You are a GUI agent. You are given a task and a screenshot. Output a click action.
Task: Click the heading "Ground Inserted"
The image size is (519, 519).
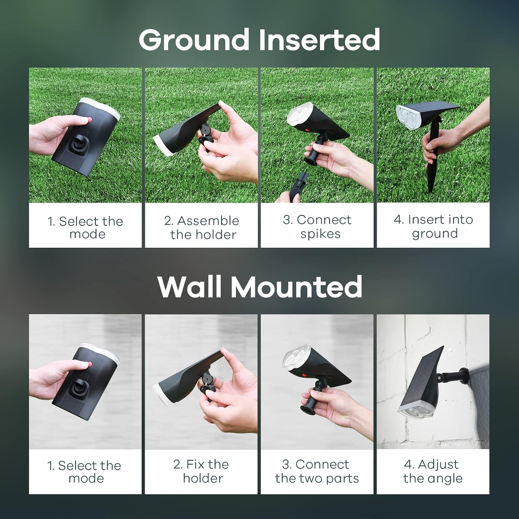[x=259, y=40]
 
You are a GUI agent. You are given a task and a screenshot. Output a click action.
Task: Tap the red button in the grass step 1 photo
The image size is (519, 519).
[x=90, y=120]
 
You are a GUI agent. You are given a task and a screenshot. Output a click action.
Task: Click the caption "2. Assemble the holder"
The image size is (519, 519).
[x=202, y=227]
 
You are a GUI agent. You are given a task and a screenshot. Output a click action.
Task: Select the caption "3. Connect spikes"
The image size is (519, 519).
[x=317, y=227]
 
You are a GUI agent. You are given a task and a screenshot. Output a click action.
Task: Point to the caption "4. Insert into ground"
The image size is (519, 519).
[x=433, y=226]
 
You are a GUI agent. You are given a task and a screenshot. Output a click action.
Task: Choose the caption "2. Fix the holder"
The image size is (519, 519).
[x=201, y=471]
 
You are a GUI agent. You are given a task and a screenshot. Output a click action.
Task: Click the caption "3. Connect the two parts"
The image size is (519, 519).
[x=317, y=471]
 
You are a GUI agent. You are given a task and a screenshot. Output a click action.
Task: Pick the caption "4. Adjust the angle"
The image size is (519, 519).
[x=432, y=471]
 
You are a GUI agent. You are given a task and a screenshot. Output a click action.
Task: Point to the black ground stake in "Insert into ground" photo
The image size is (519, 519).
[x=431, y=173]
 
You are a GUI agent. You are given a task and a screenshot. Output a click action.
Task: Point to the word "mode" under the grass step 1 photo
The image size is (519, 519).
[x=87, y=234]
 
